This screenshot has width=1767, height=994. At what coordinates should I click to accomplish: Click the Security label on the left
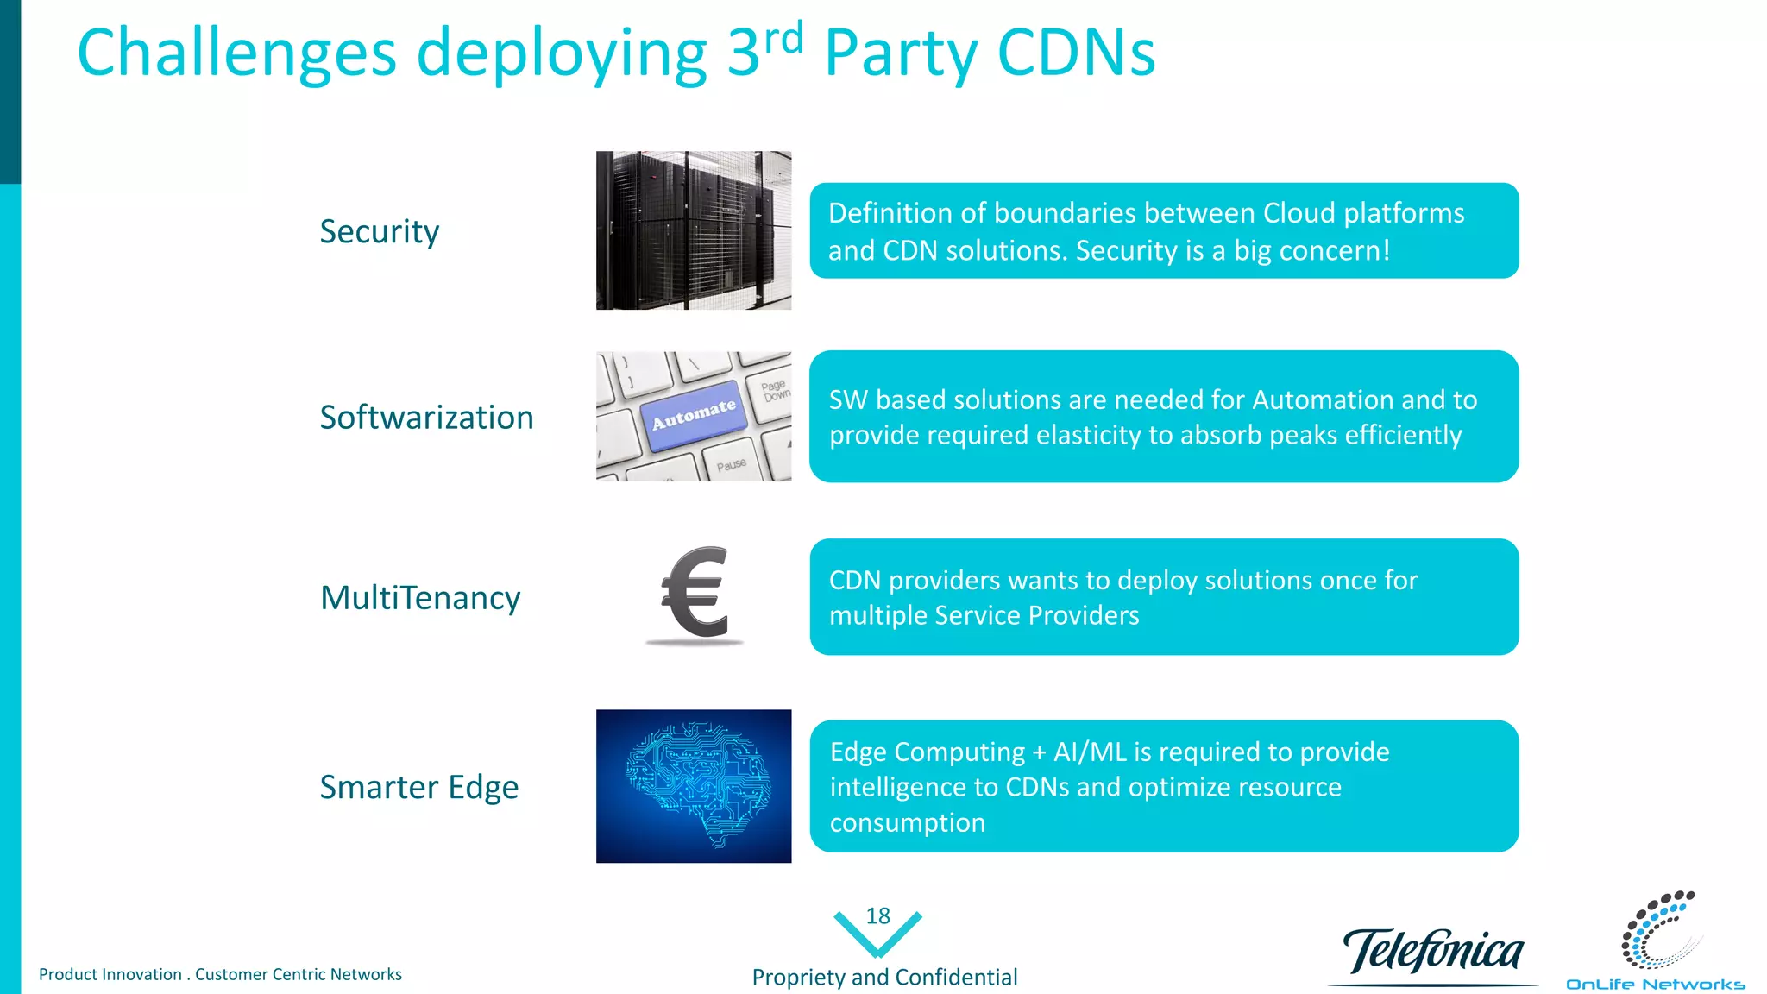pyautogui.click(x=379, y=231)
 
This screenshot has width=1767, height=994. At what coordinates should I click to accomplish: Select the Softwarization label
pyautogui.click(x=426, y=418)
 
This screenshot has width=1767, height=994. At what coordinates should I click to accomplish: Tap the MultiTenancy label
pyautogui.click(x=420, y=598)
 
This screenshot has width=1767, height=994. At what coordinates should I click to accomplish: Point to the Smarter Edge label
pyautogui.click(x=418, y=787)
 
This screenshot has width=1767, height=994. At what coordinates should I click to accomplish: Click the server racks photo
pyautogui.click(x=693, y=230)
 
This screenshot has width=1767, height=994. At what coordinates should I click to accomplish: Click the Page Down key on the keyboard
pyautogui.click(x=774, y=389)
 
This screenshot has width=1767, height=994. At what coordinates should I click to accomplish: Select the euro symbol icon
pyautogui.click(x=695, y=593)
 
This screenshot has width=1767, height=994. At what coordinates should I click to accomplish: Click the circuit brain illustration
pyautogui.click(x=693, y=785)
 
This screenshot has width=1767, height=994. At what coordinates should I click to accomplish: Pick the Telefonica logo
pyautogui.click(x=1432, y=953)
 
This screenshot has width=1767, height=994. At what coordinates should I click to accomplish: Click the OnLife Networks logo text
pyautogui.click(x=1655, y=985)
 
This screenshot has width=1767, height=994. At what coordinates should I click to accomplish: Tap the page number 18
pyautogui.click(x=877, y=915)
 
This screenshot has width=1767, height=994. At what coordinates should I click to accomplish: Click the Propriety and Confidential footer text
pyautogui.click(x=884, y=977)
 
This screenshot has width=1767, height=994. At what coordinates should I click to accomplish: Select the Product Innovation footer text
pyautogui.click(x=220, y=974)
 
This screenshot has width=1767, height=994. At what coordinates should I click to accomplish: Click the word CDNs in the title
pyautogui.click(x=1076, y=53)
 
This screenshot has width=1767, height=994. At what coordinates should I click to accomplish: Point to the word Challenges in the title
pyautogui.click(x=236, y=53)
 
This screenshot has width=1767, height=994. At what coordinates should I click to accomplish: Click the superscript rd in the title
pyautogui.click(x=783, y=38)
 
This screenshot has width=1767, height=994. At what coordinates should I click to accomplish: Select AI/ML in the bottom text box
pyautogui.click(x=1090, y=752)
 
